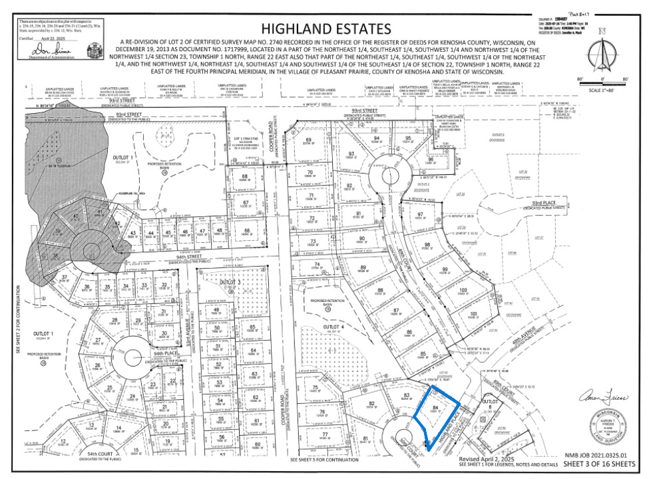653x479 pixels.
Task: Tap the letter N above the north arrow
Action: [602, 31]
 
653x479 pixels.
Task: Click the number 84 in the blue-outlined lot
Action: [435, 407]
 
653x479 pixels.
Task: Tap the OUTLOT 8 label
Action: [490, 404]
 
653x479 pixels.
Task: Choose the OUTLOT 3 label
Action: [229, 282]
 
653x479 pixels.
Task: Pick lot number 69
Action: [308, 139]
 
